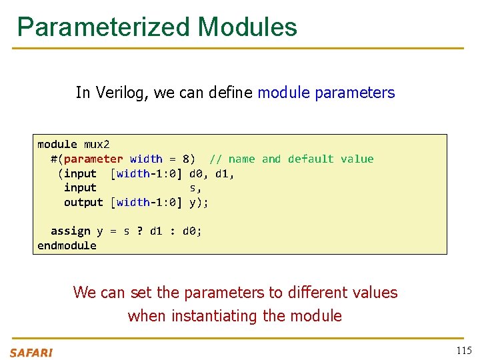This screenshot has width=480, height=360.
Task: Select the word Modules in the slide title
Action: tap(247, 27)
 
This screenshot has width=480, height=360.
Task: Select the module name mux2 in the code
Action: tap(97, 144)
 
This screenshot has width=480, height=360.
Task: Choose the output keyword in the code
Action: tap(83, 202)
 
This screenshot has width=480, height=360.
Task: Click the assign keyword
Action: tap(70, 231)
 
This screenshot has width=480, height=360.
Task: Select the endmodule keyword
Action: tap(67, 245)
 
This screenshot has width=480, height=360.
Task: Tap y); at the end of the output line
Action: tap(199, 202)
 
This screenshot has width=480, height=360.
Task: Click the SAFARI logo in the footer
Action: tap(31, 352)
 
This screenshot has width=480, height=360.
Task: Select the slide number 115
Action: tap(463, 351)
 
